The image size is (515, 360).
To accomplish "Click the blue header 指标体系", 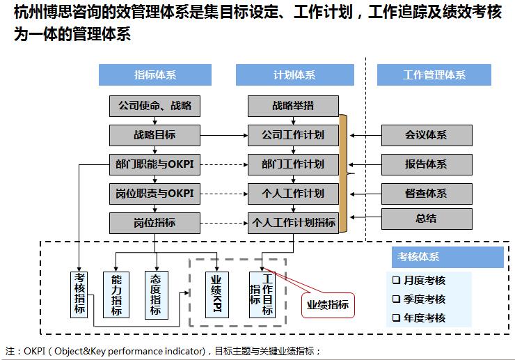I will click(x=154, y=75).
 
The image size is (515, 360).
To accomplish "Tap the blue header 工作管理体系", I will click(x=434, y=75).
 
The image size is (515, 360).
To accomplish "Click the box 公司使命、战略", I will click(x=154, y=107).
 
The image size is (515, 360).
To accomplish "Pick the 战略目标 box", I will click(x=154, y=135).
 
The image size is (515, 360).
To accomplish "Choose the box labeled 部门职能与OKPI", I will click(x=154, y=164).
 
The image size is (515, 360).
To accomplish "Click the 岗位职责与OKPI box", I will click(x=154, y=193).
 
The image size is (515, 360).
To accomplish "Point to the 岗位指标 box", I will click(x=154, y=222).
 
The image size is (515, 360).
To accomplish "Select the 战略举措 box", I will click(x=293, y=107).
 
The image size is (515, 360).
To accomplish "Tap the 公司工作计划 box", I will click(x=293, y=135).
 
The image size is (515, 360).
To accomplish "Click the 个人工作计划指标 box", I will click(x=293, y=223).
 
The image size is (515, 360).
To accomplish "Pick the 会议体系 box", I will click(x=426, y=135).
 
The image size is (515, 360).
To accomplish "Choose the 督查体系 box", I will click(x=426, y=194).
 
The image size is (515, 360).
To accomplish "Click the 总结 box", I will click(x=426, y=219).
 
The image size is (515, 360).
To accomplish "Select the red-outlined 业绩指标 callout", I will click(x=327, y=304).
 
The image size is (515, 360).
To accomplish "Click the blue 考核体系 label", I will click(x=418, y=257).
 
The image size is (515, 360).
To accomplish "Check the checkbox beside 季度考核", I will click(x=396, y=299).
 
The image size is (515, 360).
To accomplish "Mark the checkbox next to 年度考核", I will click(x=396, y=318).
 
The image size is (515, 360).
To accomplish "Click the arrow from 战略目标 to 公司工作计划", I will click(x=223, y=135).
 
